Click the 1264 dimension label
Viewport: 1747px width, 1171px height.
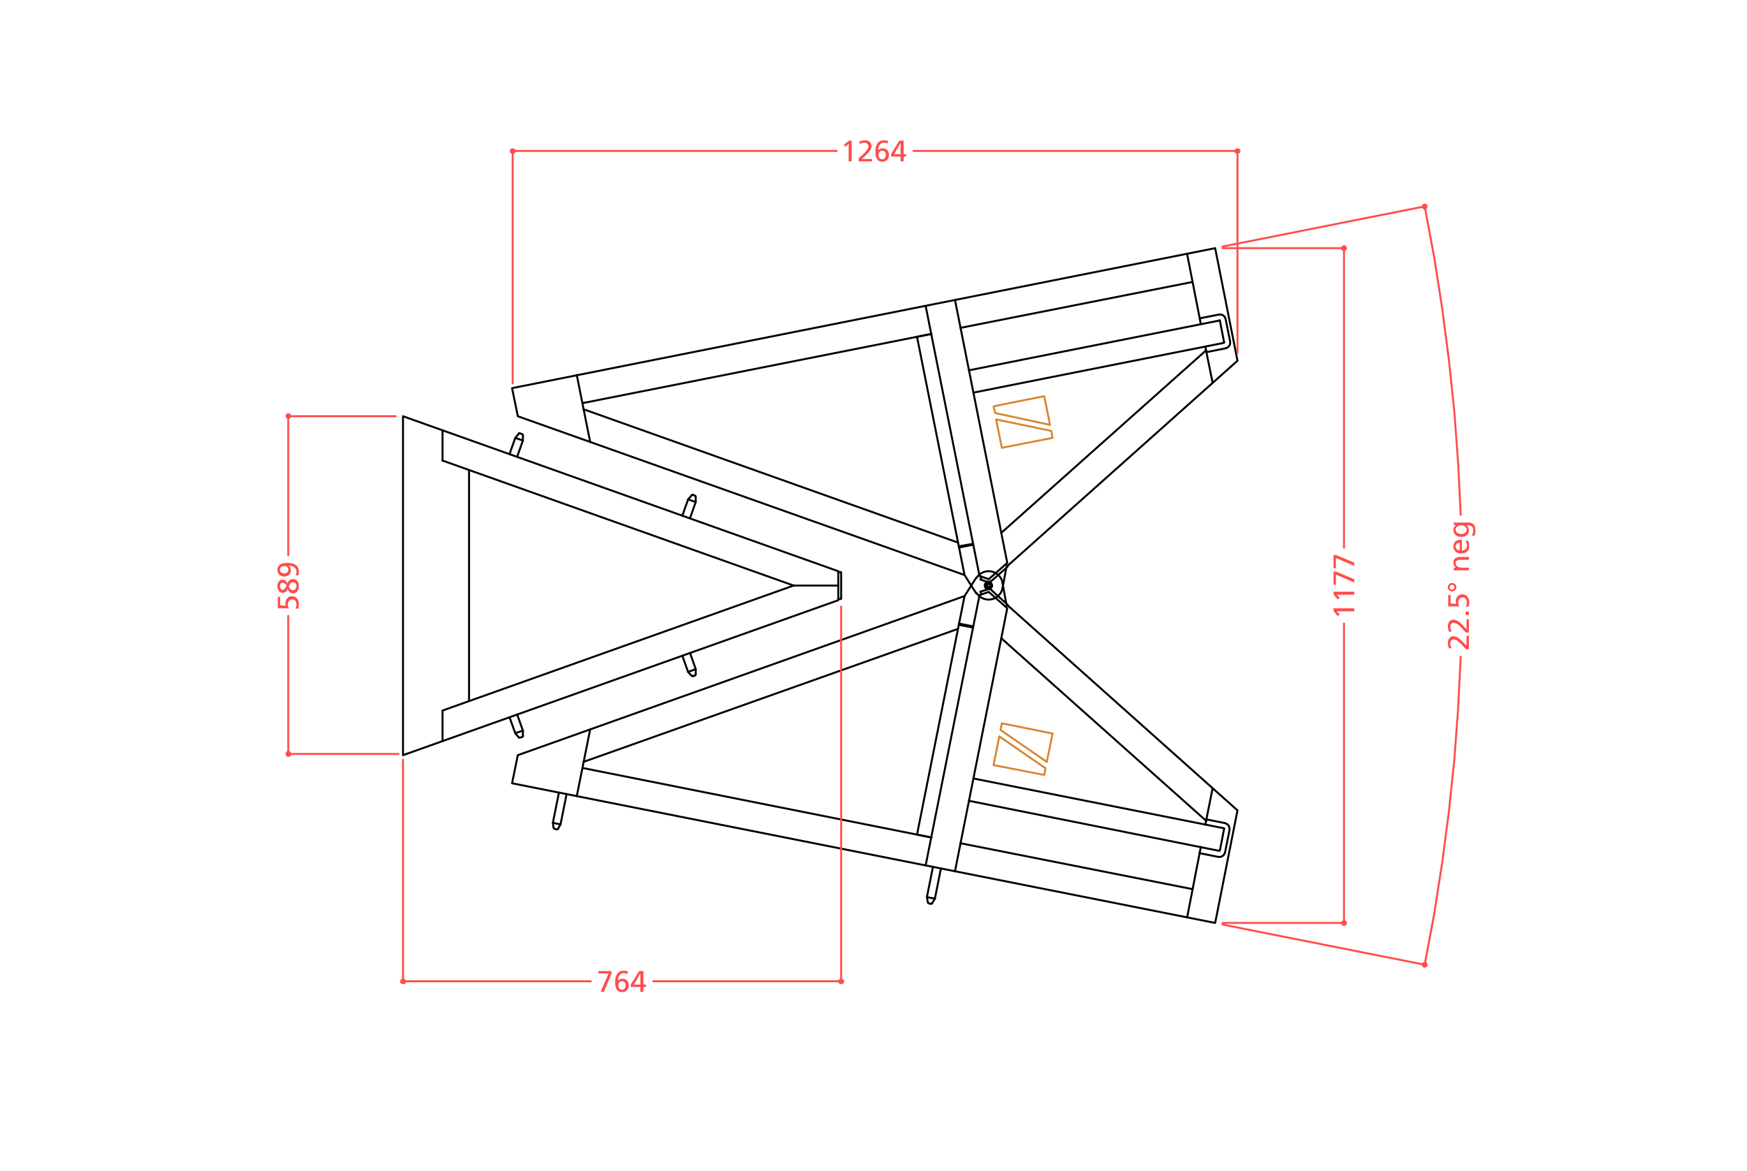tap(874, 151)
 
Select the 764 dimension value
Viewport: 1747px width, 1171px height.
tap(621, 982)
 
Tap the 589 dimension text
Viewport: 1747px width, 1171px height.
tap(288, 585)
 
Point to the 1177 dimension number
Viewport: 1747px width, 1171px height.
tap(1344, 585)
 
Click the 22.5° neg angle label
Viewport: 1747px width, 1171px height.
tap(1460, 585)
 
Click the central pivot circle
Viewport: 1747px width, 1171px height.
tap(988, 585)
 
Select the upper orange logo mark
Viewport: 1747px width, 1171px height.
tap(1022, 422)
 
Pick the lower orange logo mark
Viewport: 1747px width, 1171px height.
tap(1022, 749)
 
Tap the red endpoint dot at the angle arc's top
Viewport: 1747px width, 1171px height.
tap(1424, 206)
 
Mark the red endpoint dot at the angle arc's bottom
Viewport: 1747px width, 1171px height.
tap(1424, 965)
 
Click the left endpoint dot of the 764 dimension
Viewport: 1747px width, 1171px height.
tap(403, 982)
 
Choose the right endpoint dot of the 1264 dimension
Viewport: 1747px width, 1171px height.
tap(1237, 151)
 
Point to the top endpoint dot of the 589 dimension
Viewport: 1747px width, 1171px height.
tap(288, 416)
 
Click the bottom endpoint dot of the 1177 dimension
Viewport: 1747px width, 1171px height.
tap(1344, 923)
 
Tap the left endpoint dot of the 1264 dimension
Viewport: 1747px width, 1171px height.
tap(512, 151)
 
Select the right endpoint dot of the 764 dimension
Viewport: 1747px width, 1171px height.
tap(841, 982)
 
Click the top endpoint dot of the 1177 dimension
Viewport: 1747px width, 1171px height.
tap(1344, 248)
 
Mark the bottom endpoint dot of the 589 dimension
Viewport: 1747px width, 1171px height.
tap(288, 755)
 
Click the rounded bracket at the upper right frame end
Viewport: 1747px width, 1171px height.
tap(1215, 334)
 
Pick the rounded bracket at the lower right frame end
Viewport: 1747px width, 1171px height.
tap(1215, 838)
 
